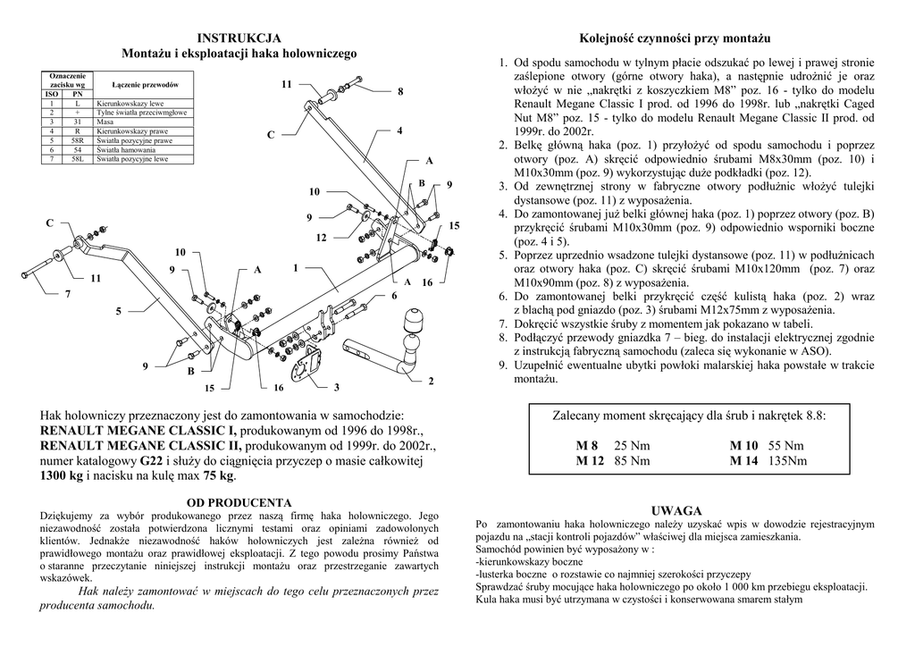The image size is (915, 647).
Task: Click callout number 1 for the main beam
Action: [x=294, y=268]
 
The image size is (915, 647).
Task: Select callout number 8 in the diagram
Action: [x=400, y=92]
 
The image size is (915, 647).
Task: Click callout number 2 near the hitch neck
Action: [x=431, y=382]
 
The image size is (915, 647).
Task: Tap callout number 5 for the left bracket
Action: [x=118, y=311]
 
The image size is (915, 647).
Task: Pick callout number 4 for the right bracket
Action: [x=400, y=131]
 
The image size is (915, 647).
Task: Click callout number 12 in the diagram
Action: [x=322, y=238]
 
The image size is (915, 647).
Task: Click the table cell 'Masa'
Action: [x=107, y=122]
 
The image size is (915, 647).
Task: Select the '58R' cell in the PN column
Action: [x=77, y=141]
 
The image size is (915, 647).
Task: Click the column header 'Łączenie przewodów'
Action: [x=145, y=84]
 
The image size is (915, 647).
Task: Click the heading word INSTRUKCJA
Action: [x=239, y=38]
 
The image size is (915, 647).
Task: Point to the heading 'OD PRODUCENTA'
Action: [x=239, y=502]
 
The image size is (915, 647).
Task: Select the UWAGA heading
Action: [x=676, y=509]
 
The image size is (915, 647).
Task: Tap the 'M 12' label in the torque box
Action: [x=586, y=461]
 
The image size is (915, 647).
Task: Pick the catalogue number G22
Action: [x=151, y=461]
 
